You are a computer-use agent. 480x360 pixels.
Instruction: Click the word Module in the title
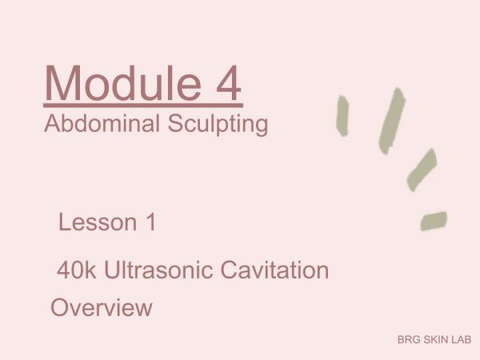(x=123, y=82)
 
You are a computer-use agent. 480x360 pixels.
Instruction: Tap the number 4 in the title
(x=229, y=82)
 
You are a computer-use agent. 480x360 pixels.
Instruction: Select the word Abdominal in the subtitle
(x=102, y=123)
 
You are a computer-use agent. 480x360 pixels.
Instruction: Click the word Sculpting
(x=218, y=125)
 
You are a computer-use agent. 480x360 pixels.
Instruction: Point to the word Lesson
(x=98, y=222)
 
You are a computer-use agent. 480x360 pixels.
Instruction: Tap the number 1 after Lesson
(x=152, y=222)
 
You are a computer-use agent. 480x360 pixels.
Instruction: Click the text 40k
(x=76, y=270)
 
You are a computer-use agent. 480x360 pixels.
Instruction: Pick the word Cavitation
(x=274, y=270)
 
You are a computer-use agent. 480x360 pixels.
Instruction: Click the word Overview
(x=102, y=307)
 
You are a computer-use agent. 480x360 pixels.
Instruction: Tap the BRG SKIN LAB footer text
(x=434, y=339)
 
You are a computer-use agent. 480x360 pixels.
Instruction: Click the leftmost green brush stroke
(x=342, y=116)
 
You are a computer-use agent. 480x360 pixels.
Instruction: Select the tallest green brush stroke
(x=392, y=121)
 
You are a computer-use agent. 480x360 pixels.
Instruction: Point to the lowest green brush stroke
(x=434, y=221)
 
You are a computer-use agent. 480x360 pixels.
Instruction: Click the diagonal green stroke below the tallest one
(x=422, y=170)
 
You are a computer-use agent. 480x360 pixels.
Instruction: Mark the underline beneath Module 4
(x=143, y=106)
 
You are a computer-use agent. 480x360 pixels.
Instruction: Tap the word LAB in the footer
(x=462, y=339)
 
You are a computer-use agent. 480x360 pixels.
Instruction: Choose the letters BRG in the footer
(x=409, y=339)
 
